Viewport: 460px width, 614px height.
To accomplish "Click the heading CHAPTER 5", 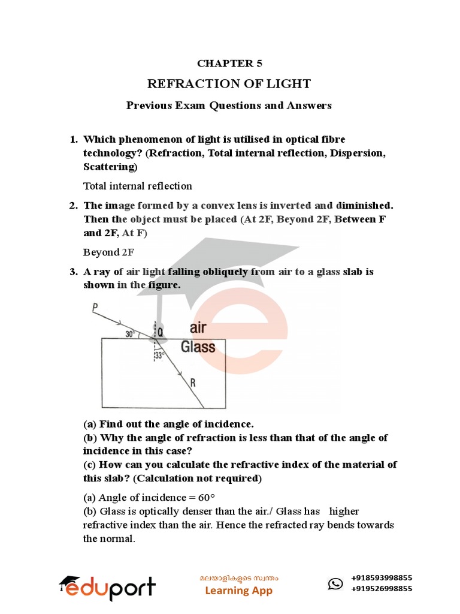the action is [x=230, y=63].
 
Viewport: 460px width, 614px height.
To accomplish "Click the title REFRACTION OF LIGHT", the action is [x=229, y=83].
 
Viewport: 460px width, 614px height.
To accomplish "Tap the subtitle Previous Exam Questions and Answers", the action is [x=229, y=106].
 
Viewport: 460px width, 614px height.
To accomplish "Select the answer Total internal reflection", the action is [x=138, y=186].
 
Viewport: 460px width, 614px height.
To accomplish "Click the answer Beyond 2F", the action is [x=109, y=252].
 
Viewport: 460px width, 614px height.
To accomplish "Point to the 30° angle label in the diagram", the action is [x=130, y=335].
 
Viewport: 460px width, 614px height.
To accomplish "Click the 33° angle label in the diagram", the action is [x=159, y=356].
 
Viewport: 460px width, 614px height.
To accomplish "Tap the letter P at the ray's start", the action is [x=95, y=308].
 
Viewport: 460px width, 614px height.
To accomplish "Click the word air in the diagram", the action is [x=198, y=327].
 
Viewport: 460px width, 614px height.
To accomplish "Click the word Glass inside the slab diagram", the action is [x=198, y=347].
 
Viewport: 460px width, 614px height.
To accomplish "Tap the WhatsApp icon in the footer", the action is [x=336, y=583].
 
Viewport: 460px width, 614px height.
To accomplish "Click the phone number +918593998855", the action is [x=382, y=577].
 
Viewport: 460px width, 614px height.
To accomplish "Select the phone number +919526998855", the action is [x=382, y=589].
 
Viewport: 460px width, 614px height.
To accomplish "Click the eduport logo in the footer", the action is [x=107, y=588].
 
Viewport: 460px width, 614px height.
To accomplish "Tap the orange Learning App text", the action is [x=238, y=591].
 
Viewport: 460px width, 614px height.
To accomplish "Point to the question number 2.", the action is [x=72, y=206].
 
